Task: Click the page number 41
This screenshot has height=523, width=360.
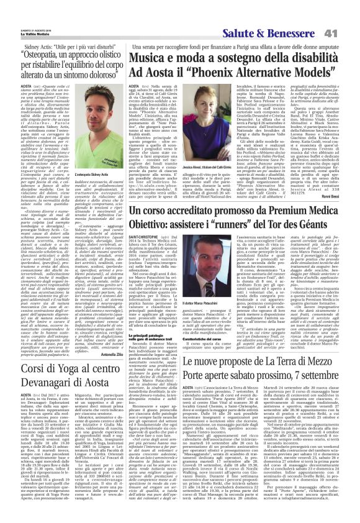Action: pyautogui.click(x=347, y=14)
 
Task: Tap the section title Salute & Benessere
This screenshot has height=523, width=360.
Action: pyautogui.click(x=297, y=15)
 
